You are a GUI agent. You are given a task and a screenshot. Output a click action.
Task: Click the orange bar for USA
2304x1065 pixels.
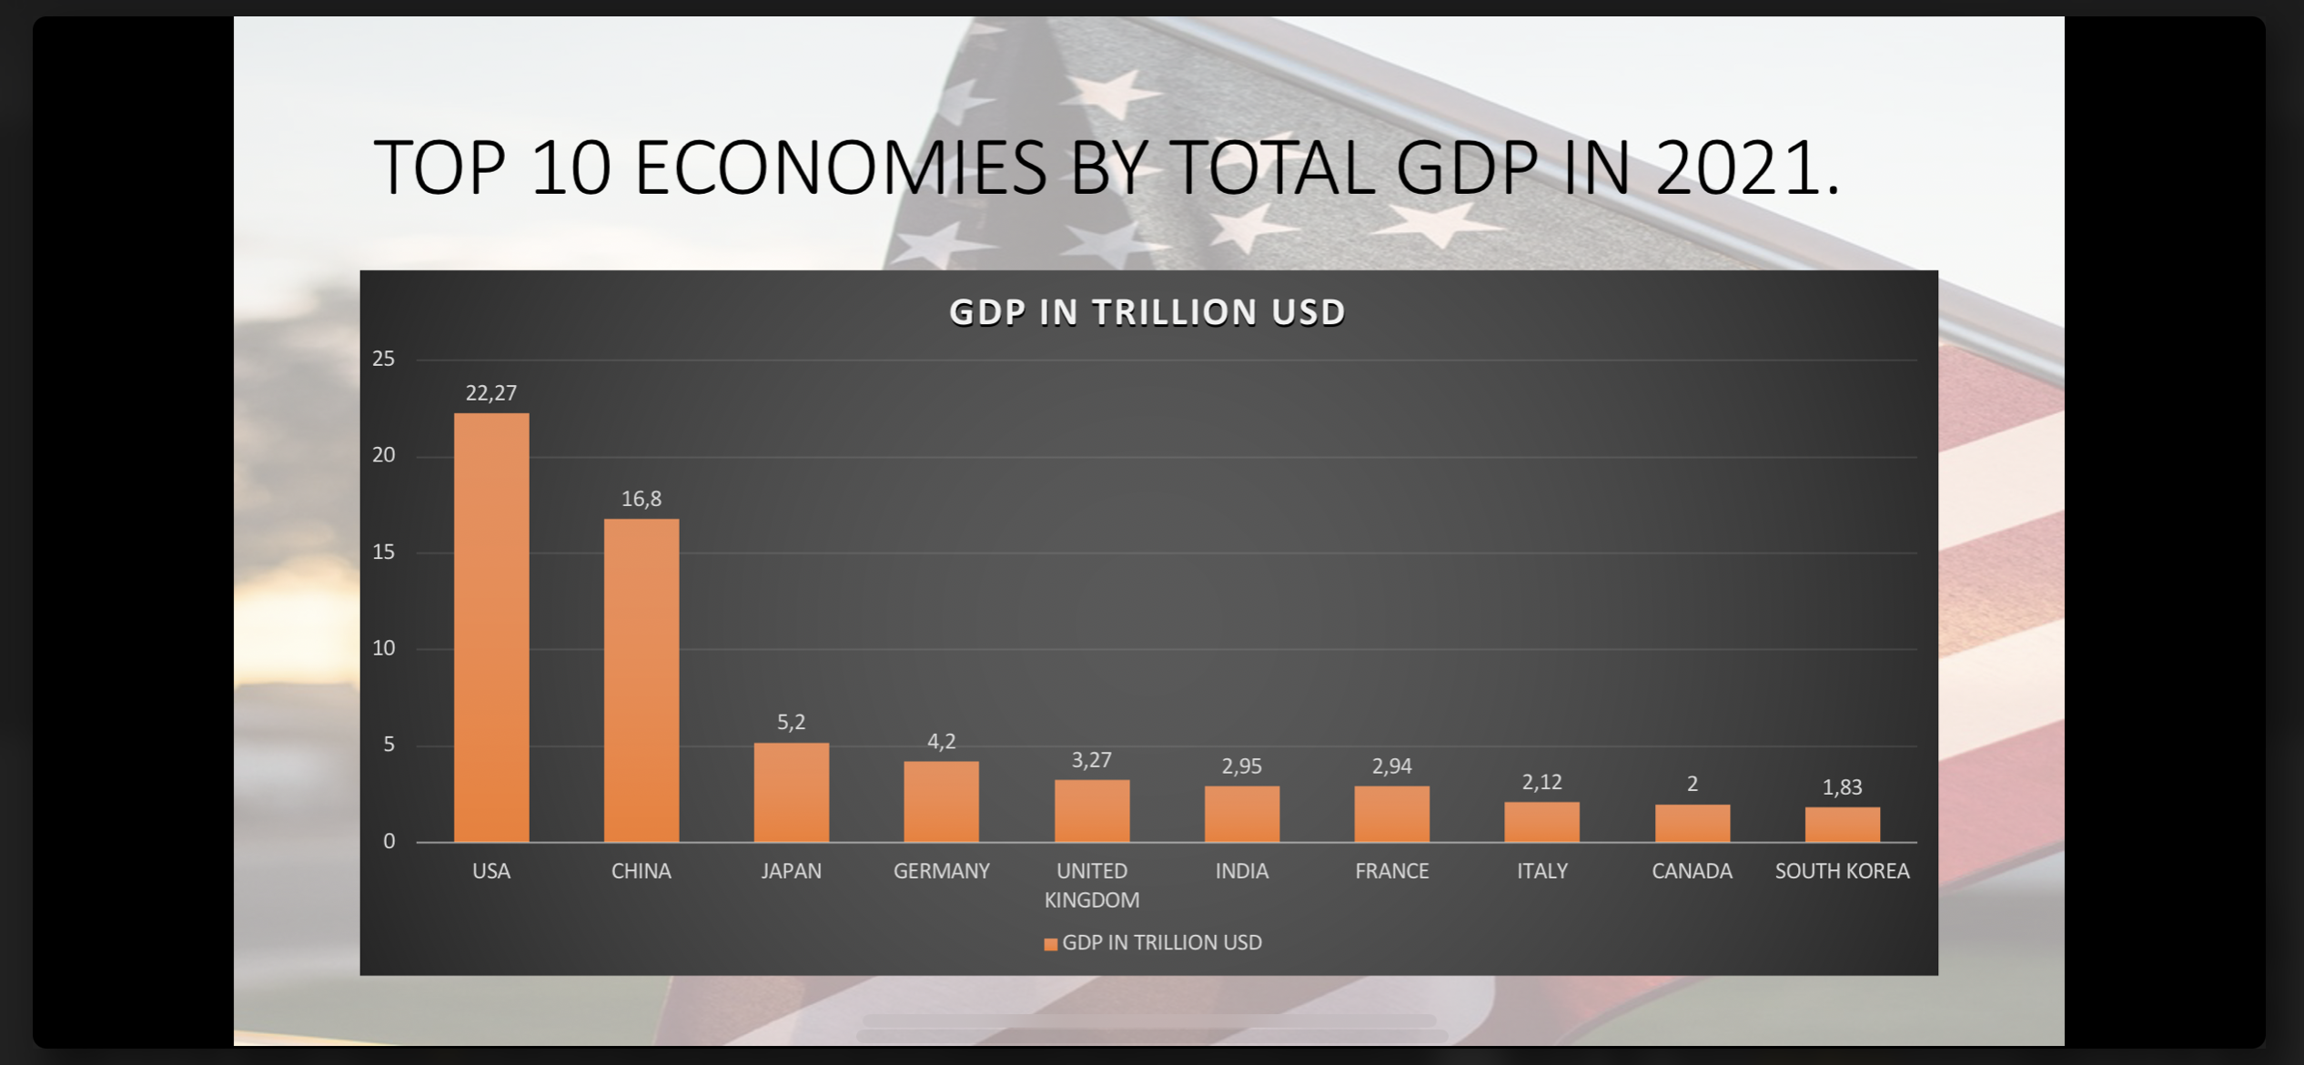click(x=491, y=627)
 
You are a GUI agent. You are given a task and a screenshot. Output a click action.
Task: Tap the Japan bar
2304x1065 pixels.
click(x=791, y=792)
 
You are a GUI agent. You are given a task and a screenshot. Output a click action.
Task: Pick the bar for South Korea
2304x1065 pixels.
click(x=1842, y=824)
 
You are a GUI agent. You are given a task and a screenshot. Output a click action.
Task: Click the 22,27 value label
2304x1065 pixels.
click(x=491, y=393)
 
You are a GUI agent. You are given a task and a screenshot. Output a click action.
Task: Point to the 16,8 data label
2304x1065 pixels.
click(x=642, y=499)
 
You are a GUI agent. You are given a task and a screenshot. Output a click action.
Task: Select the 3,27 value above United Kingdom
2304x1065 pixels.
click(x=1091, y=760)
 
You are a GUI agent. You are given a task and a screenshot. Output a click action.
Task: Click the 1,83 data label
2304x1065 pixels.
click(x=1842, y=787)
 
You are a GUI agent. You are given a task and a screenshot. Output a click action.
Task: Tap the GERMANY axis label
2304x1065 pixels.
click(x=941, y=871)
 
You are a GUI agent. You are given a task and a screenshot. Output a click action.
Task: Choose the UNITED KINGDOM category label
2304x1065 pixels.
click(x=1091, y=885)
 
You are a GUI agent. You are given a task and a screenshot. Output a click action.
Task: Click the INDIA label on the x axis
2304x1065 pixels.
click(x=1241, y=871)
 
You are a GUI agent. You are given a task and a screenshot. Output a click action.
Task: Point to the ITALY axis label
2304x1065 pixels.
click(x=1541, y=871)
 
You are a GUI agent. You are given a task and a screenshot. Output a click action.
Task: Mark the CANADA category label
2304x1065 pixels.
click(x=1692, y=871)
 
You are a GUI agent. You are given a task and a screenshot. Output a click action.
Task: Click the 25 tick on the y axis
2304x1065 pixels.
click(x=383, y=360)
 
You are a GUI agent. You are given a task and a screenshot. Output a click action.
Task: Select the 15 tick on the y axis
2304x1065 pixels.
click(x=383, y=553)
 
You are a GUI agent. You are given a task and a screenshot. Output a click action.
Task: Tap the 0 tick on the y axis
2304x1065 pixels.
click(x=389, y=842)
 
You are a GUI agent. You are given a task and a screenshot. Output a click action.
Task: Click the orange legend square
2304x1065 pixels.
click(x=1050, y=944)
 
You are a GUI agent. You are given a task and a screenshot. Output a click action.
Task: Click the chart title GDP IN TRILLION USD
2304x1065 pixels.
click(x=1147, y=312)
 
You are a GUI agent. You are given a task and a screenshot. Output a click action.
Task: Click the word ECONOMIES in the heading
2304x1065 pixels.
click(x=840, y=168)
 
